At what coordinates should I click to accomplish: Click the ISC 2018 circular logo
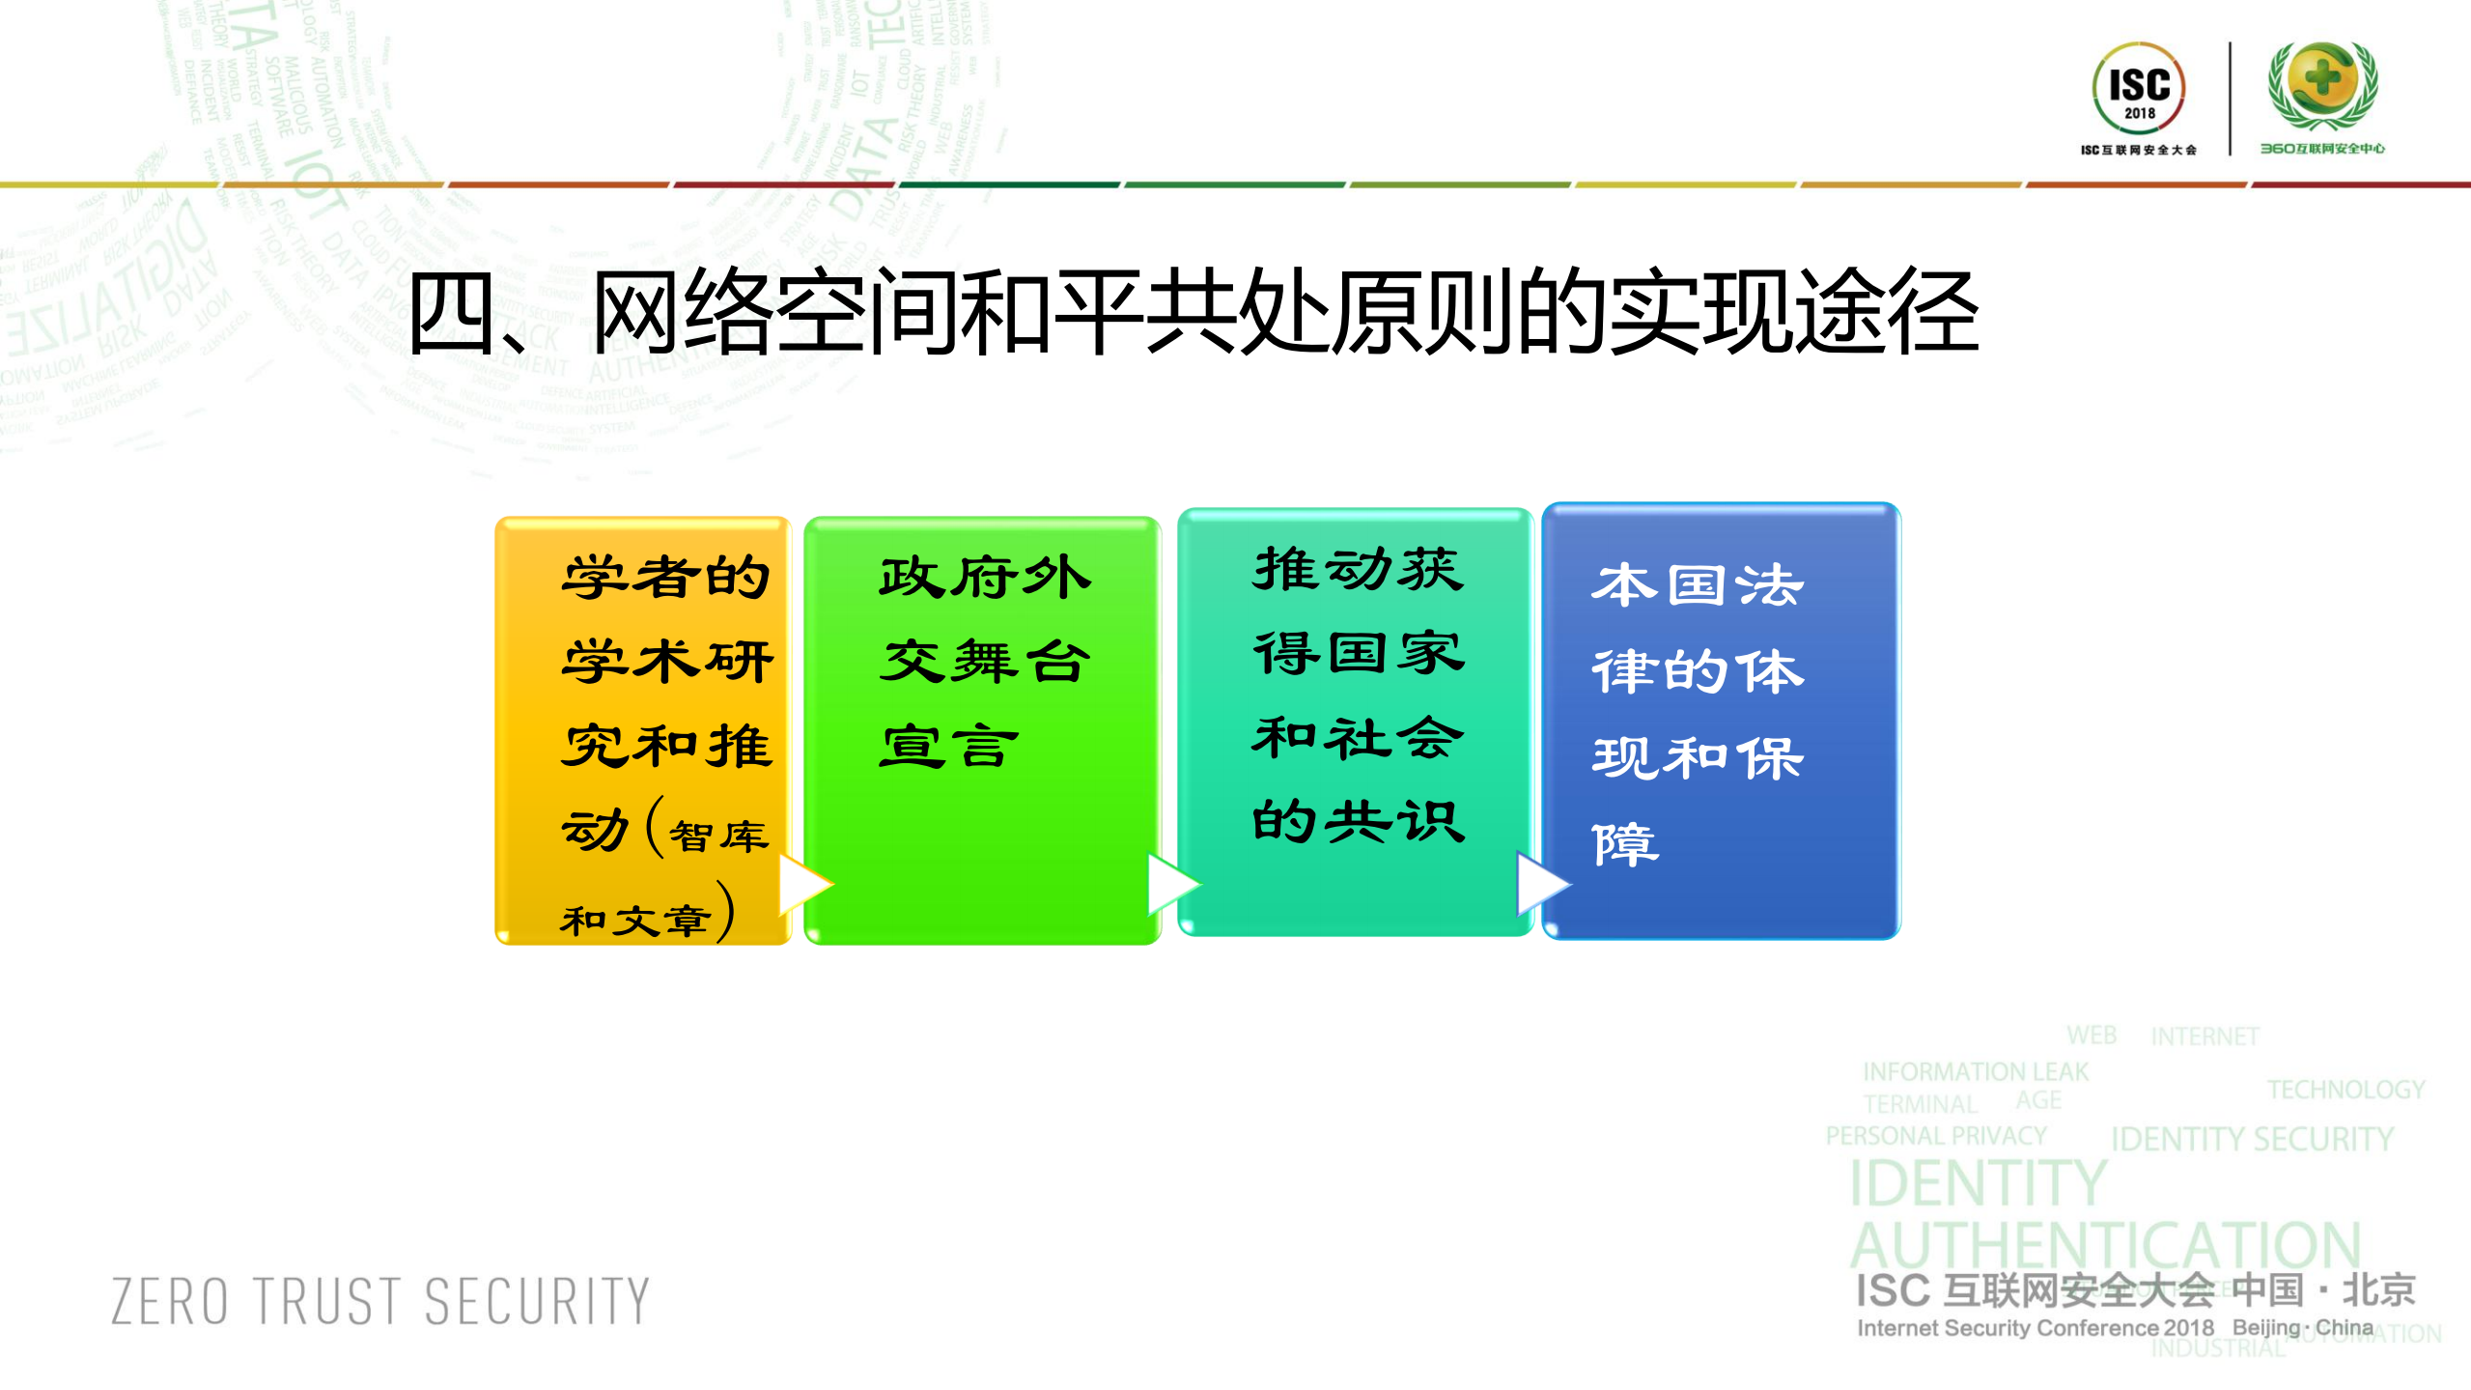(2138, 89)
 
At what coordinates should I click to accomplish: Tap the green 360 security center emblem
(2322, 85)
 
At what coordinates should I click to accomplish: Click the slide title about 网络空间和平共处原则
(1193, 312)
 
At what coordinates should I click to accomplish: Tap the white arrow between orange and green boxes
(802, 883)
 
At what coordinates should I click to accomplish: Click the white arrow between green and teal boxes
(1171, 883)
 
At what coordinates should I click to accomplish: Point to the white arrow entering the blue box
(1541, 883)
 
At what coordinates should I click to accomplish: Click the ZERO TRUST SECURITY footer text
(380, 1301)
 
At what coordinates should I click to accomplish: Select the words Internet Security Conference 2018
(2035, 1328)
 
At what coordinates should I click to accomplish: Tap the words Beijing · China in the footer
(2302, 1327)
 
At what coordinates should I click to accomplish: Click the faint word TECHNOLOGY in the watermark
(2345, 1090)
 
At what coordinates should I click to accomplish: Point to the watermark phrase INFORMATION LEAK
(1975, 1071)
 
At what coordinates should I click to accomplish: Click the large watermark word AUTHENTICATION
(2105, 1246)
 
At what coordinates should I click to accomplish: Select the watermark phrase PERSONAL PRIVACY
(1935, 1136)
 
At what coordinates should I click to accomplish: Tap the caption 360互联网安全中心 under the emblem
(2321, 149)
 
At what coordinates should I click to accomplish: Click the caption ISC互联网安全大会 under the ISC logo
(2138, 150)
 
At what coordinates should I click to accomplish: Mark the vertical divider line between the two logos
(2230, 98)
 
